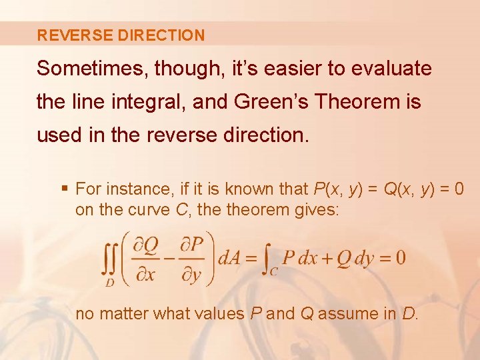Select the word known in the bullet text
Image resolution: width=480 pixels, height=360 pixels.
(x=249, y=189)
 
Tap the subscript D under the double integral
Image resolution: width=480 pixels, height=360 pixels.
(x=109, y=282)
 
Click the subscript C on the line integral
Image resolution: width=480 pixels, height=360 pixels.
(x=274, y=270)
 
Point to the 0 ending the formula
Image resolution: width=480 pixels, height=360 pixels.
(x=399, y=258)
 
